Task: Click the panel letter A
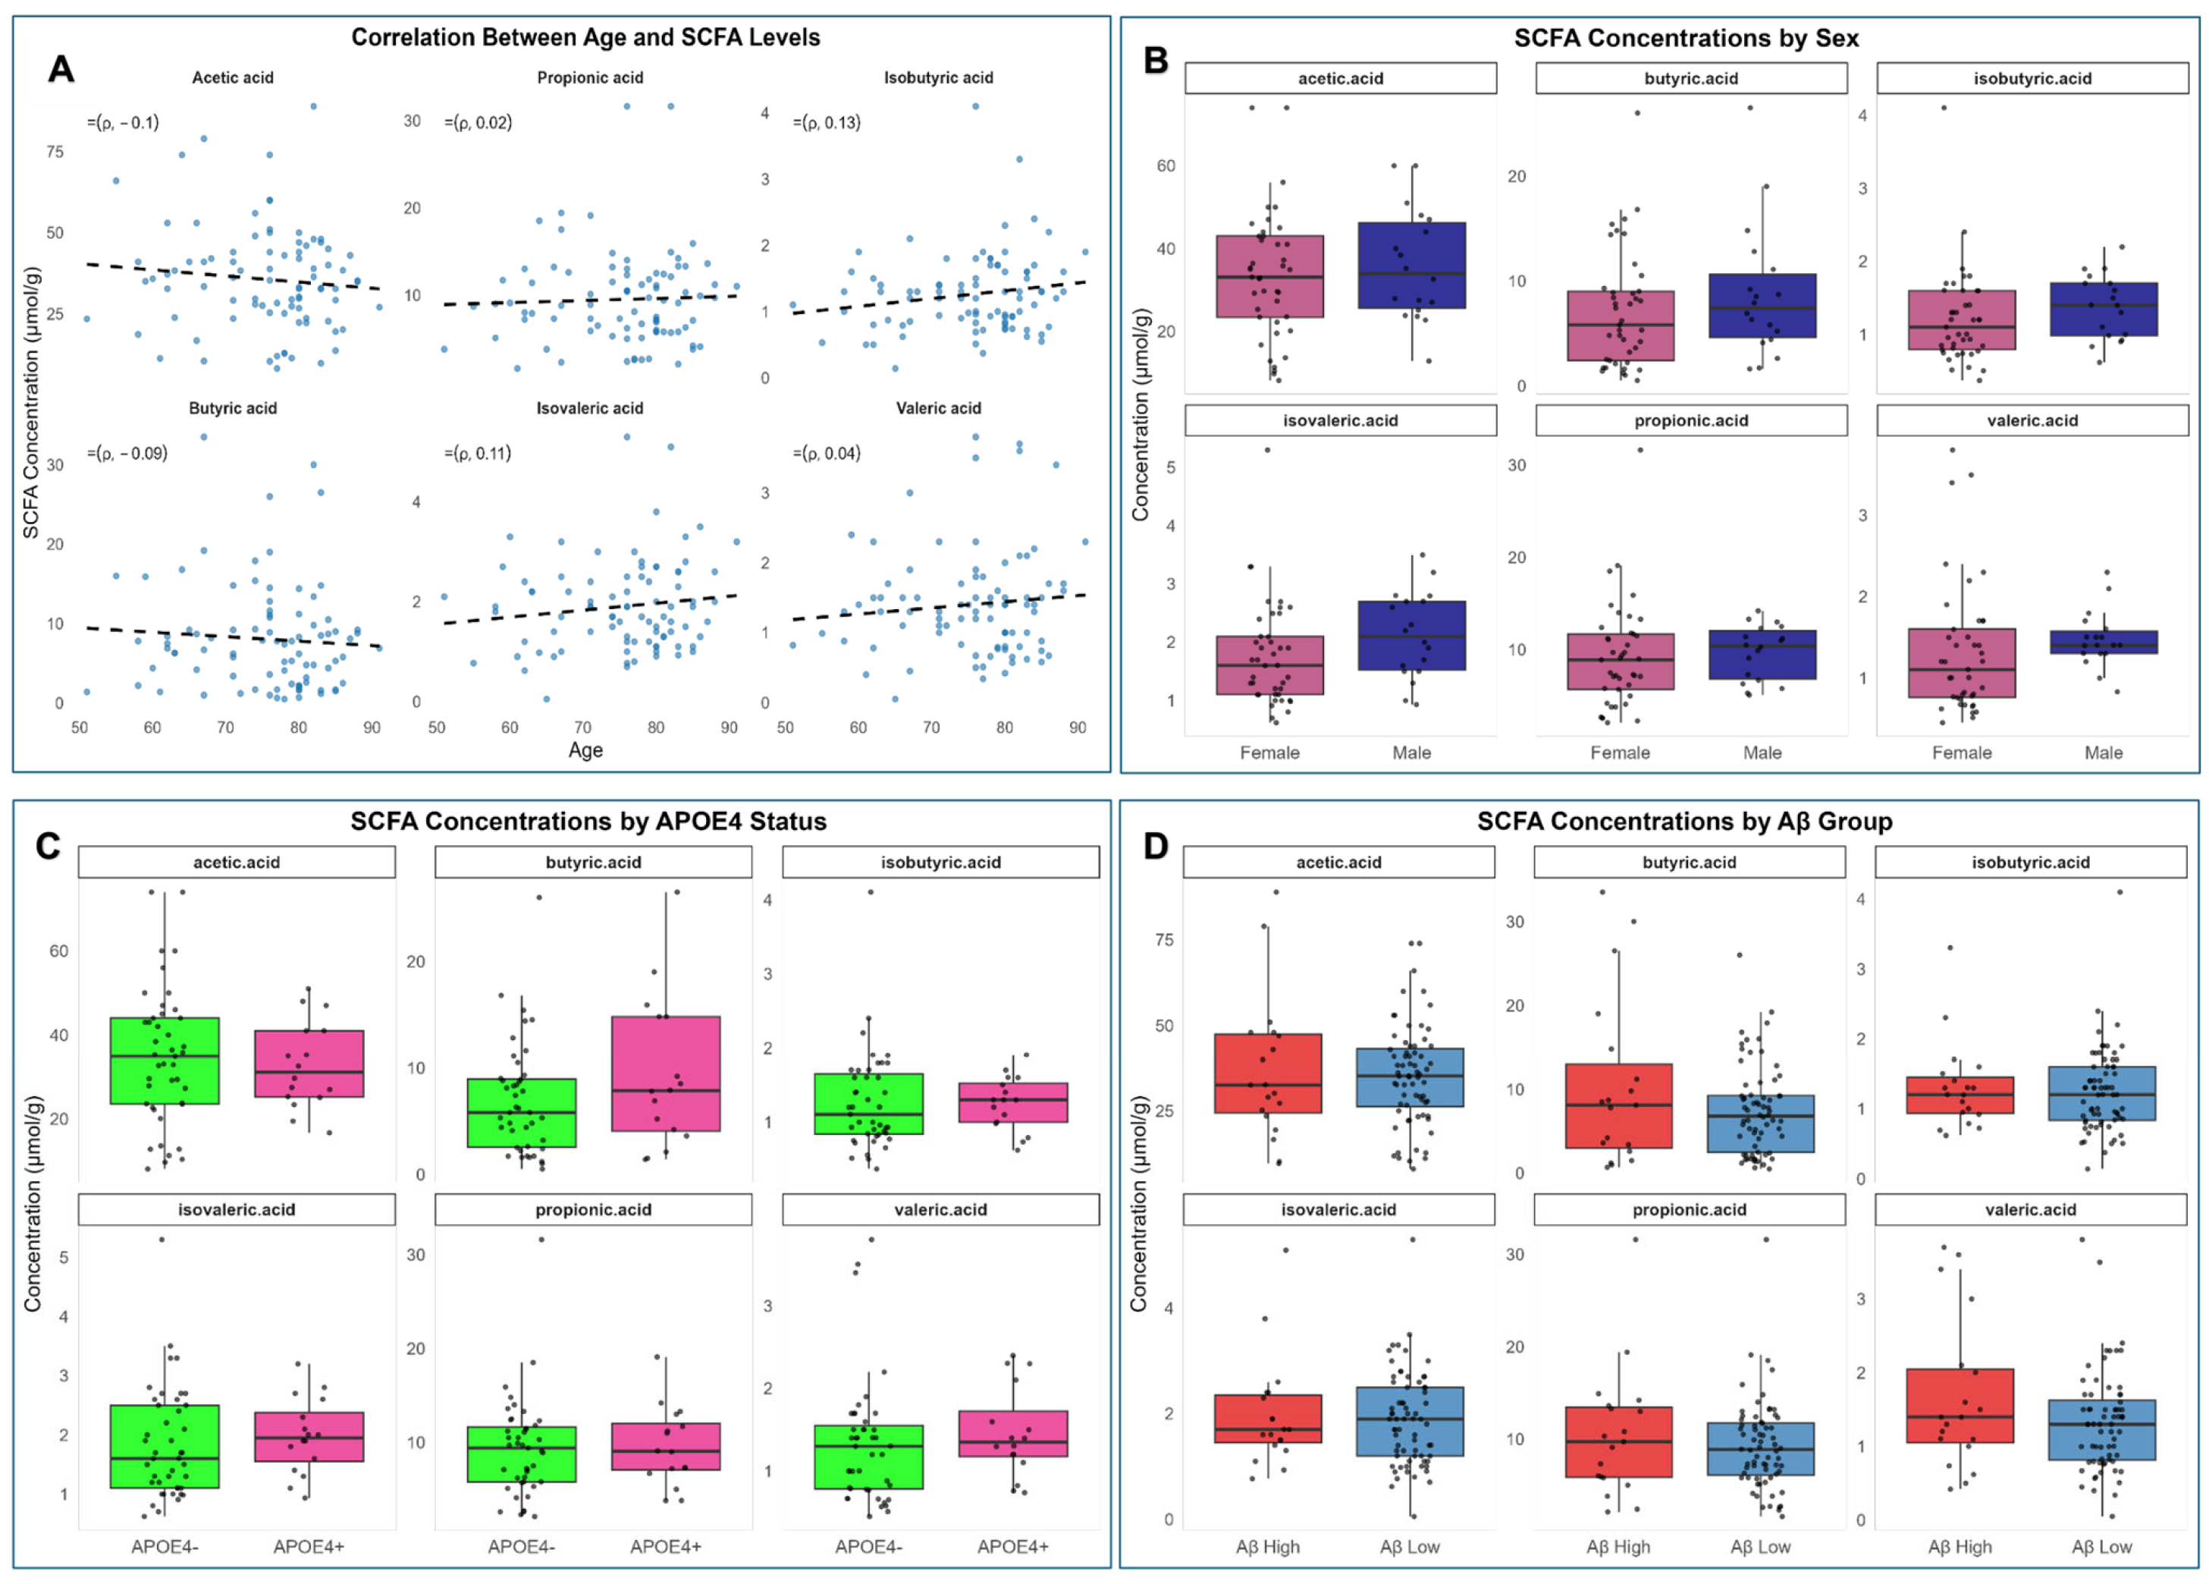point(61,69)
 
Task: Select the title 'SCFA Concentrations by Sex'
point(1686,38)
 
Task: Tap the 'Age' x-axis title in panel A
point(585,750)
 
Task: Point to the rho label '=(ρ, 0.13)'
point(827,123)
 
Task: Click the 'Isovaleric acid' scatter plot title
point(589,408)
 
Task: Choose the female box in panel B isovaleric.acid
point(1269,665)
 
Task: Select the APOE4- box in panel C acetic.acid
point(165,1061)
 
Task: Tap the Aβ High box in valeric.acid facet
point(1960,1406)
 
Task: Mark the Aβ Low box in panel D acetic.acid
point(1410,1077)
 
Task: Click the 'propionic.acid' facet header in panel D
point(1689,1210)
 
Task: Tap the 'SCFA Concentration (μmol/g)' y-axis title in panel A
point(31,402)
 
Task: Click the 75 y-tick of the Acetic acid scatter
point(55,152)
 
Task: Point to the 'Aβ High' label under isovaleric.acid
point(1267,1547)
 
